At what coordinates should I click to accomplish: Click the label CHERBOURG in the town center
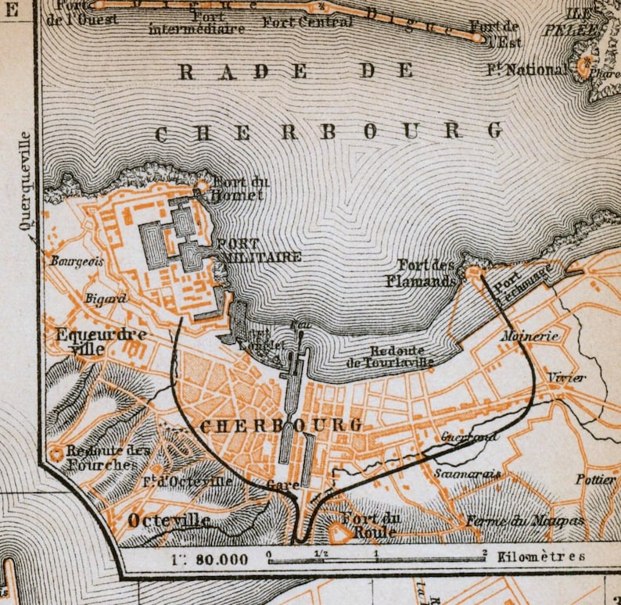click(281, 425)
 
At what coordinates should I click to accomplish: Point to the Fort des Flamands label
click(425, 273)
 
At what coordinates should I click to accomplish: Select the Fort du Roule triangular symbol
click(340, 533)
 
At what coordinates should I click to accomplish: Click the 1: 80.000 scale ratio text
click(210, 559)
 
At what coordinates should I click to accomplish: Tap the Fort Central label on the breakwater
click(298, 22)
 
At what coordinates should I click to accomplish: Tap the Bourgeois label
click(77, 261)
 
